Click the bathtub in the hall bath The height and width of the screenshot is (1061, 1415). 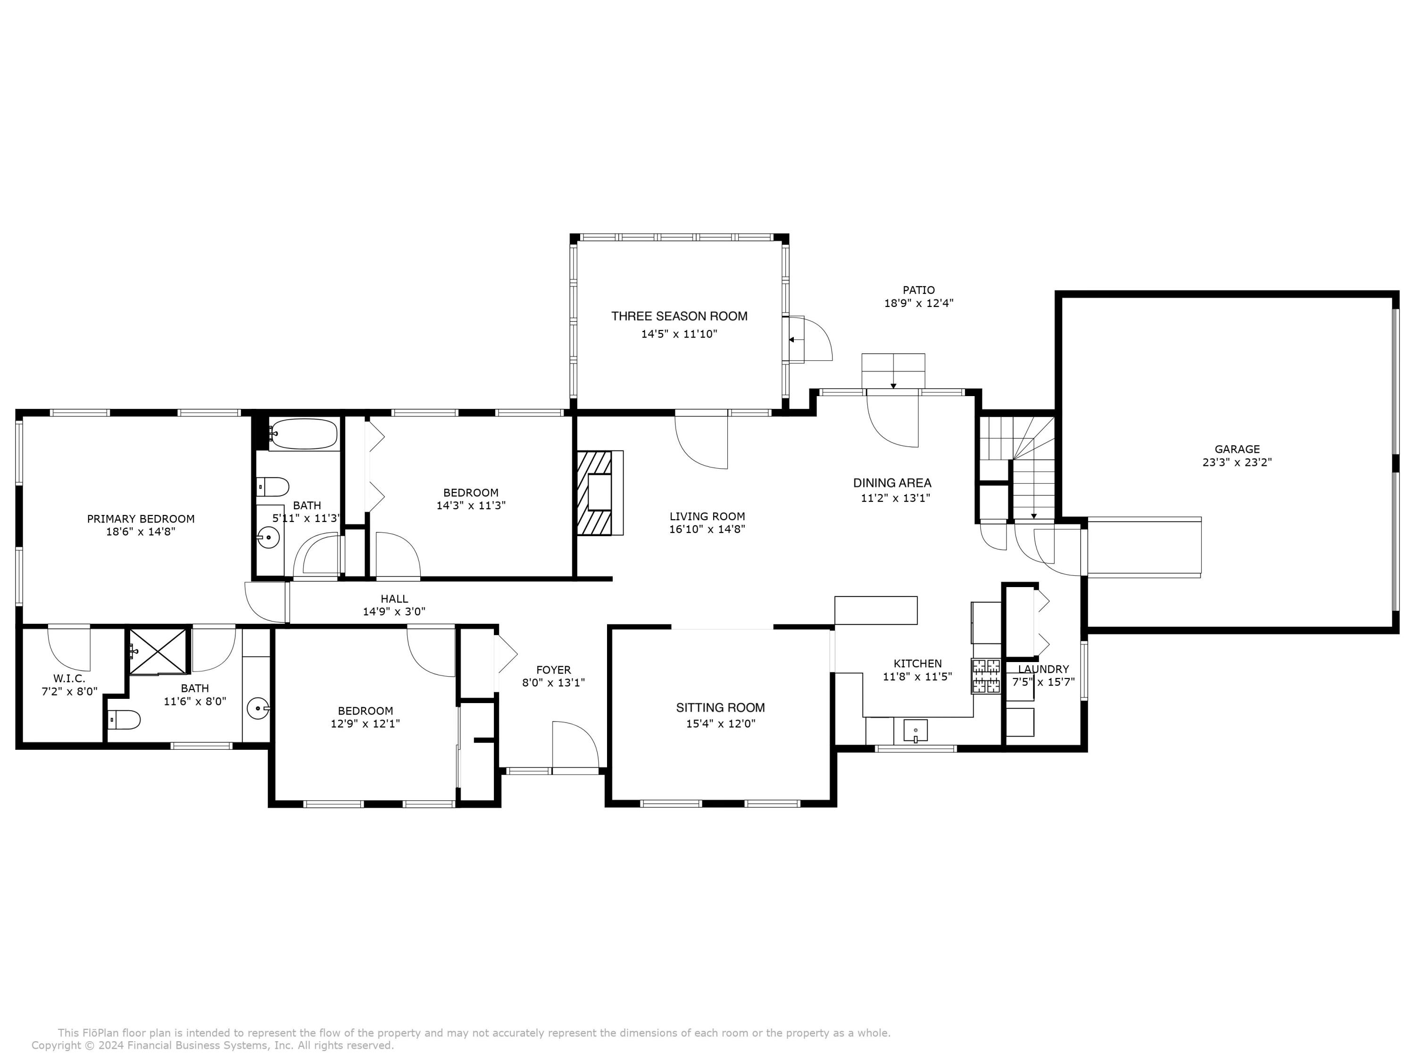point(303,434)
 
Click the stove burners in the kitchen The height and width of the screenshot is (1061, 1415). point(986,676)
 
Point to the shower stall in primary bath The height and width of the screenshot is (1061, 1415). point(158,652)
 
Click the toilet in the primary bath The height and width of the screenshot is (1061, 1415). point(124,720)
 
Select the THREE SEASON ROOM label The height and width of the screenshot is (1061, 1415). point(679,316)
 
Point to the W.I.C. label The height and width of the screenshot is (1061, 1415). point(69,679)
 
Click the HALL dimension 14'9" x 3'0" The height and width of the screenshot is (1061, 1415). point(394,612)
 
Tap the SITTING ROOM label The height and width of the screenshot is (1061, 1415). point(720,707)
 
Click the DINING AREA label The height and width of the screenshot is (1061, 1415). point(892,483)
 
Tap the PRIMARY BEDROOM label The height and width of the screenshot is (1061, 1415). point(141,519)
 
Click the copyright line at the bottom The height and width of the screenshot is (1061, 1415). point(212,1045)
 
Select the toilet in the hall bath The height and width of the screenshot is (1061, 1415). point(273,487)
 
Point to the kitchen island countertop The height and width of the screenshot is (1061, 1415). point(876,610)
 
